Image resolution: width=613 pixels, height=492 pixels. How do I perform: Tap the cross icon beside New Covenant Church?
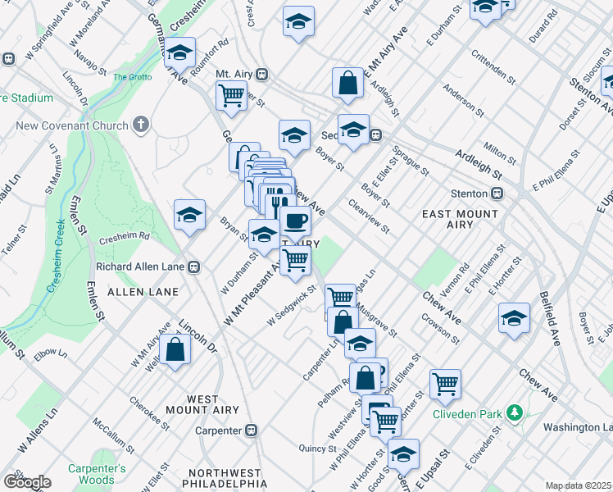click(x=141, y=125)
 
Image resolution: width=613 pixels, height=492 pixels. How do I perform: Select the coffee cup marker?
click(x=295, y=221)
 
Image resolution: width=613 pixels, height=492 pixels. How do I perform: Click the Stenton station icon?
click(x=497, y=194)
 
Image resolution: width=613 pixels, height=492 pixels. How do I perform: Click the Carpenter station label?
click(x=218, y=430)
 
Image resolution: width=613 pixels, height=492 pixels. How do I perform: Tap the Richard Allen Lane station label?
click(x=142, y=266)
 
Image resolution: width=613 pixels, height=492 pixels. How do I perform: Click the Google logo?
click(x=26, y=482)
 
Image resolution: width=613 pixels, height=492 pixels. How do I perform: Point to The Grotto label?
click(x=132, y=77)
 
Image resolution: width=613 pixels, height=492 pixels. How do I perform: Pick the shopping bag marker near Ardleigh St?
click(x=347, y=83)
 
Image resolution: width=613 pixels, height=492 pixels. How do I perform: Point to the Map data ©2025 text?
click(x=578, y=485)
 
